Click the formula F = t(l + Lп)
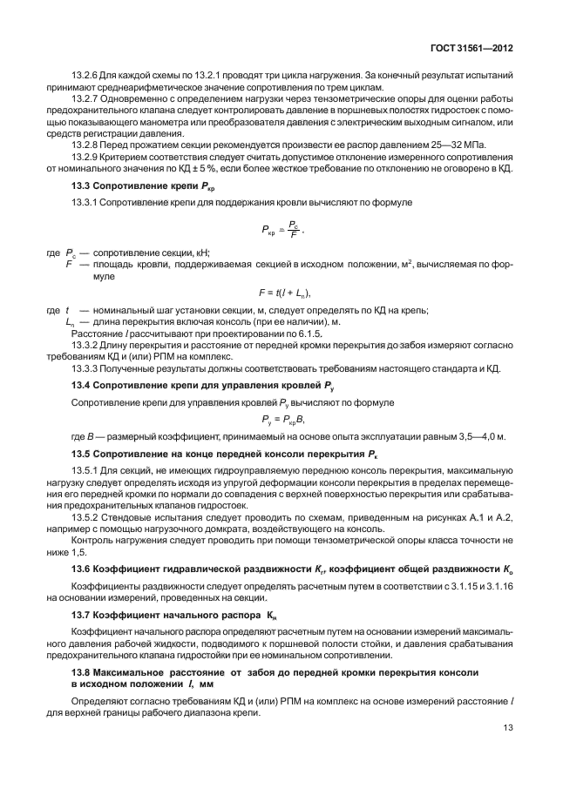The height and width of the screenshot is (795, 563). point(285,293)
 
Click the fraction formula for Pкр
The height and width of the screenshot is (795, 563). point(284,230)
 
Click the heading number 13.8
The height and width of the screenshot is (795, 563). point(81,675)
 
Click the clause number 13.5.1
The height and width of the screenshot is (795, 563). point(85,470)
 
